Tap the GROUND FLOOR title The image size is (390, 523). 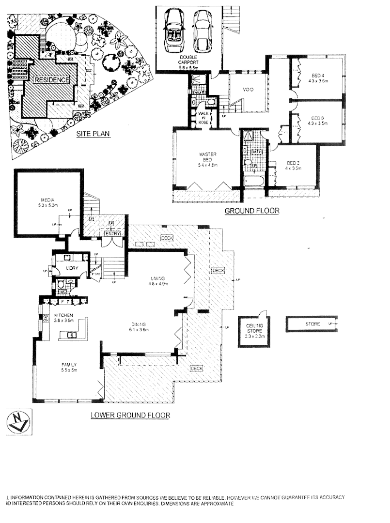pyautogui.click(x=252, y=211)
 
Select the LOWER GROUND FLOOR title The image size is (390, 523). pyautogui.click(x=130, y=415)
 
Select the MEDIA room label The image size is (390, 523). pyautogui.click(x=48, y=203)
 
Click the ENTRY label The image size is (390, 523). pyautogui.click(x=110, y=234)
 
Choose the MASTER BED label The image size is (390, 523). pyautogui.click(x=207, y=159)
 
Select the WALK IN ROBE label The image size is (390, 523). pyautogui.click(x=203, y=118)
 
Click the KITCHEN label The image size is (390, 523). pyautogui.click(x=63, y=318)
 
